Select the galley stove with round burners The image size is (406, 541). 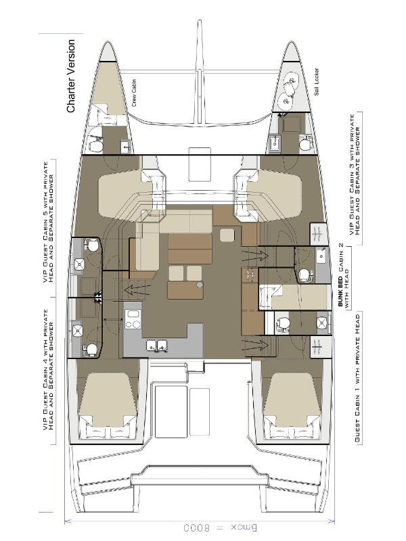pyautogui.click(x=132, y=319)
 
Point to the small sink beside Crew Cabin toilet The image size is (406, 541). pyautogui.click(x=126, y=146)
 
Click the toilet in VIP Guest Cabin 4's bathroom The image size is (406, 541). pyautogui.click(x=89, y=349)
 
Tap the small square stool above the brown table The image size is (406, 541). pyautogui.click(x=228, y=235)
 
